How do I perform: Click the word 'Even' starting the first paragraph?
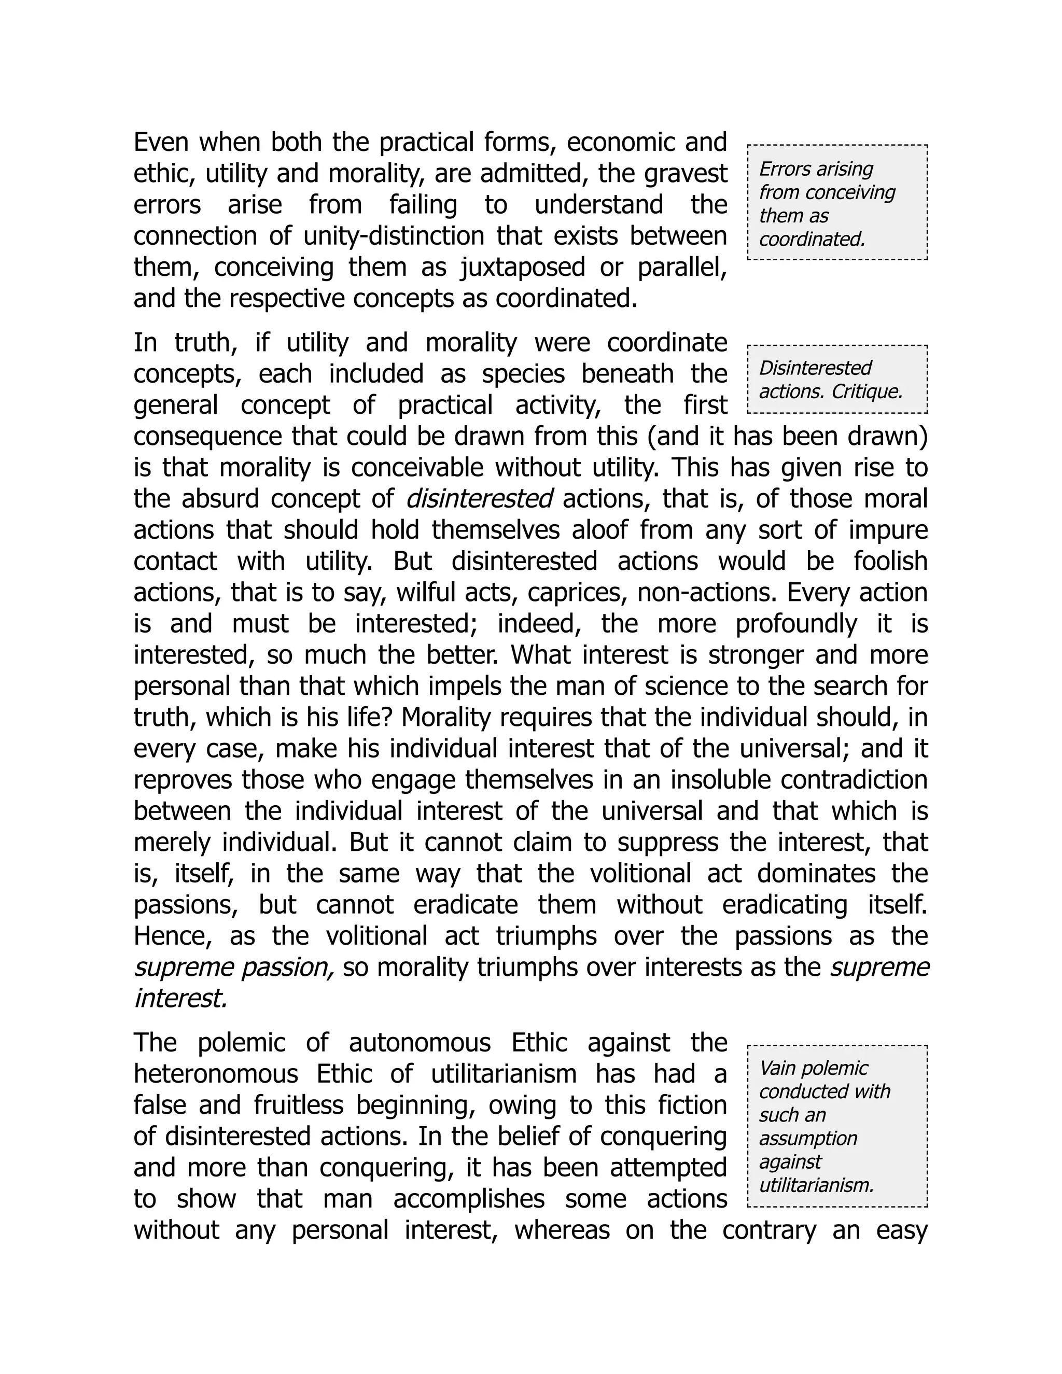pos(162,143)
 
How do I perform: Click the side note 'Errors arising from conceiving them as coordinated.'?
pos(837,203)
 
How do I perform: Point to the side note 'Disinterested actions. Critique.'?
pos(837,380)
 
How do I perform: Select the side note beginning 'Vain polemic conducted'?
pos(837,1126)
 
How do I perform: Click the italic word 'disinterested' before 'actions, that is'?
pos(480,499)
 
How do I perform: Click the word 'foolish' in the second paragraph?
pos(890,561)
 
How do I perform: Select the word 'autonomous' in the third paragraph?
pos(420,1043)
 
